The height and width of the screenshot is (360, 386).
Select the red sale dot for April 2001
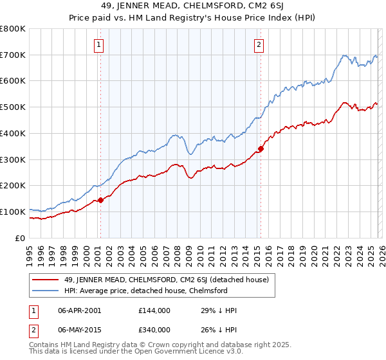100,200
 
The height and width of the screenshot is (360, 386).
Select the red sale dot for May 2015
261,149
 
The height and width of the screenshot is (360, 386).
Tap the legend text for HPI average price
146,291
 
